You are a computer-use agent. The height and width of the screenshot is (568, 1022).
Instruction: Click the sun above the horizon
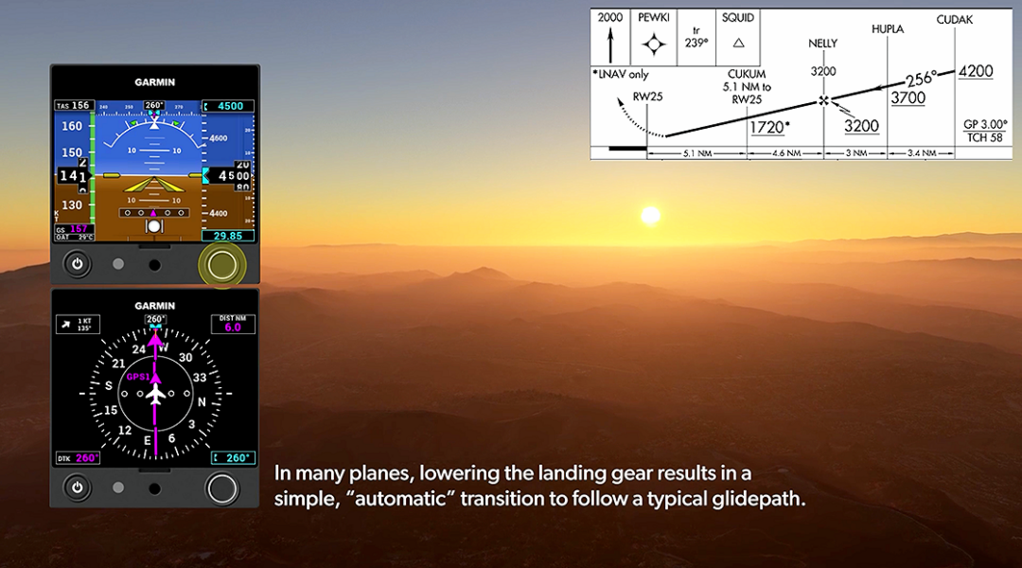650,216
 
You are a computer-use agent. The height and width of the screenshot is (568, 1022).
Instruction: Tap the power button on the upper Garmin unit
77,263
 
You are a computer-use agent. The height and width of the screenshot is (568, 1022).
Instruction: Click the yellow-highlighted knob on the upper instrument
222,264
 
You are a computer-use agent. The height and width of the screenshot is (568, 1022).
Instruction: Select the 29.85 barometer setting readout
227,236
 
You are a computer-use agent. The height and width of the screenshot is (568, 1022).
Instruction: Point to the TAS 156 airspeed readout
74,106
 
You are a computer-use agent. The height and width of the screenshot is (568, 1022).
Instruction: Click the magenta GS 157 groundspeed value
74,229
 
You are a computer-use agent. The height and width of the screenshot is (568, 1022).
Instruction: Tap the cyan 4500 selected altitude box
229,106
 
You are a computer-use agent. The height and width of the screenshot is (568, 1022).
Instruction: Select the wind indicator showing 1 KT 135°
78,325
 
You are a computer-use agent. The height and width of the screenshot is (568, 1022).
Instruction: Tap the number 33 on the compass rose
200,377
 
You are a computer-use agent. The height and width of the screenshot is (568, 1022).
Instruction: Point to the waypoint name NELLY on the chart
822,44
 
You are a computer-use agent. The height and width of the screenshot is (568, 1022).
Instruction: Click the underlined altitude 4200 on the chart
975,71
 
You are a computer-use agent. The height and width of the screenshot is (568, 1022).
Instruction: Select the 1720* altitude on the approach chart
769,126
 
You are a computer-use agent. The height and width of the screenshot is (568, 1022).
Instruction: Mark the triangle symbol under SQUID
739,43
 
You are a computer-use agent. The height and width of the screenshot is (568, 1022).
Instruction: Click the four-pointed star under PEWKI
653,44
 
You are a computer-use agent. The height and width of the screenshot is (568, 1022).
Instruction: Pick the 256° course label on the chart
921,79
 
